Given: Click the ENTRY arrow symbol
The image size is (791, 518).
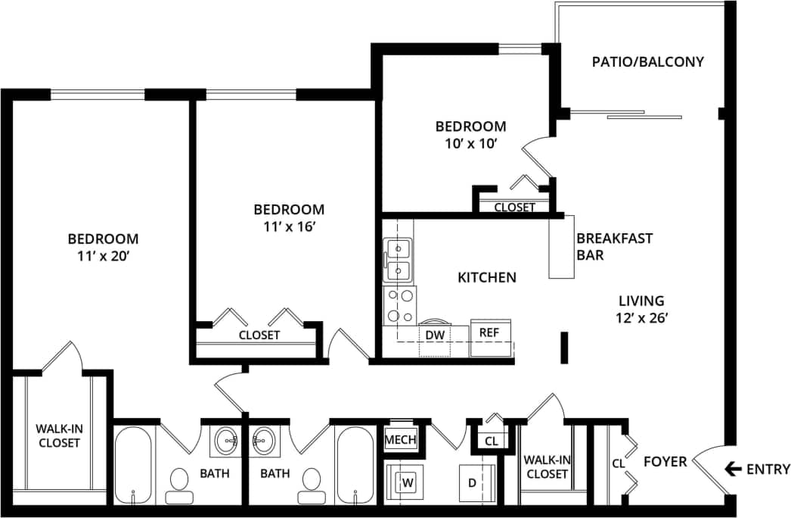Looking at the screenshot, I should coord(732,469).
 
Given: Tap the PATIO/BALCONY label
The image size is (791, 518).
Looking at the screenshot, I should coord(647,62).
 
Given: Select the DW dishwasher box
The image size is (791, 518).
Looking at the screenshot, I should coord(434,334).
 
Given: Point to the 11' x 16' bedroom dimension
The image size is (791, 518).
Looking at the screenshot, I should coord(288,226).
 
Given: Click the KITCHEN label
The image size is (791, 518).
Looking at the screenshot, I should coord(487,278).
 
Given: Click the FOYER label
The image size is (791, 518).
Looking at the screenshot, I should coord(665,461).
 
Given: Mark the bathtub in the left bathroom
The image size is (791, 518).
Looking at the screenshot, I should coord(134,465).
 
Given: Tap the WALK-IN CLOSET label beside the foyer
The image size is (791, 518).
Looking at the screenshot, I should coord(545,467).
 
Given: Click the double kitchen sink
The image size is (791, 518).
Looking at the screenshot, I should coord(398,258).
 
